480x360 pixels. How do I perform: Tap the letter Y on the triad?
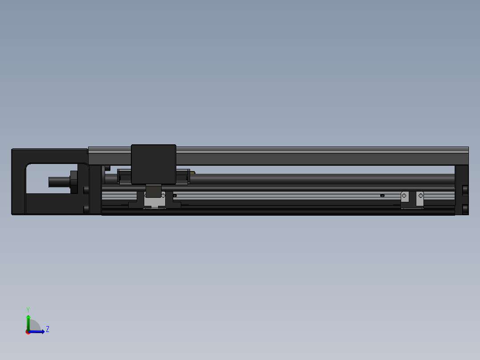28,309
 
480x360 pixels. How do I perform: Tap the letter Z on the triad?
48,329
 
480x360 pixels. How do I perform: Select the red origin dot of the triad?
28,332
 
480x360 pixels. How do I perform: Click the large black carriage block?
154,164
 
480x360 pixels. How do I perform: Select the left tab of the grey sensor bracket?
405,198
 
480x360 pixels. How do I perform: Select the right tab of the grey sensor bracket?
419,198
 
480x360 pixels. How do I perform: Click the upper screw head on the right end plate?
465,190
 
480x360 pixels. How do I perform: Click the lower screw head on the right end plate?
465,209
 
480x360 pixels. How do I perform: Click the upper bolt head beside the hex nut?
86,190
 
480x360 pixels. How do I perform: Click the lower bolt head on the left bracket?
86,209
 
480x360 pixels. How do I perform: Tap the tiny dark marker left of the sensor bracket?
382,196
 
